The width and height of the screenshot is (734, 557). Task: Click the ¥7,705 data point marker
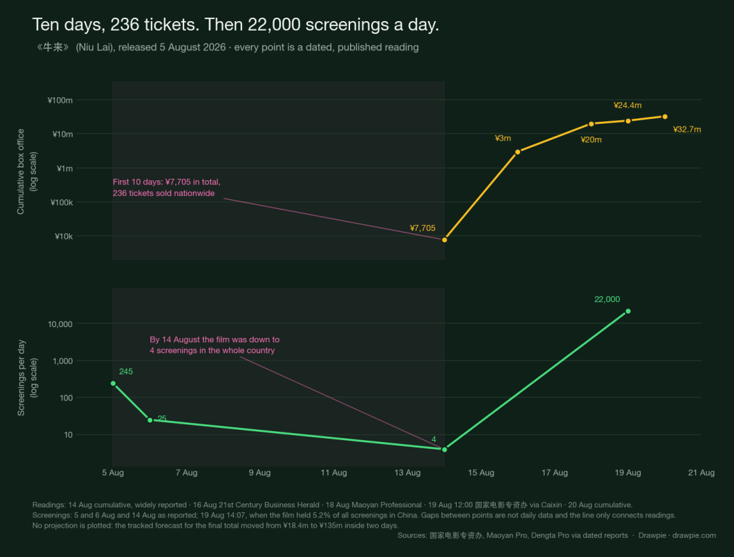[x=444, y=240]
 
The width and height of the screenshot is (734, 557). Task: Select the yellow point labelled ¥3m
[x=518, y=152]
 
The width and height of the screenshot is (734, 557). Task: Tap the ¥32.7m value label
[x=686, y=129]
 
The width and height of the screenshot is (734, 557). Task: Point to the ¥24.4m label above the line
[x=627, y=105]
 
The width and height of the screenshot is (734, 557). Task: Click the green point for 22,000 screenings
[x=628, y=311]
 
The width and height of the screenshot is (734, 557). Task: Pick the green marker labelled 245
[x=113, y=383]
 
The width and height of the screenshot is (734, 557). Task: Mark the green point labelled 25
[x=150, y=420]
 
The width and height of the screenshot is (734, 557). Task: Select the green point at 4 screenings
[x=444, y=450]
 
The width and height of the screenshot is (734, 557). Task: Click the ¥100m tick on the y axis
[x=60, y=100]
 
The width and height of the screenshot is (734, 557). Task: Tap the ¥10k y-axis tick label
[x=64, y=237]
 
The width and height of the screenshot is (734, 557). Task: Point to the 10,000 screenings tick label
[x=60, y=324]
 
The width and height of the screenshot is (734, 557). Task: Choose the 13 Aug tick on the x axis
[x=407, y=473]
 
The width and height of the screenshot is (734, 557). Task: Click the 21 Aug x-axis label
[x=701, y=473]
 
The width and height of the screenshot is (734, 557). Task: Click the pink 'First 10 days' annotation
[x=167, y=188]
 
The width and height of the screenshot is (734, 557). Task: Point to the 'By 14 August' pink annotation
[x=214, y=345]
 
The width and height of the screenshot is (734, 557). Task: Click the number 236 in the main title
[x=124, y=24]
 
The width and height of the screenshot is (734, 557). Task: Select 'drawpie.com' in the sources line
[x=694, y=535]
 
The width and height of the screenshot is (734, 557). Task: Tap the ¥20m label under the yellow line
[x=591, y=139]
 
